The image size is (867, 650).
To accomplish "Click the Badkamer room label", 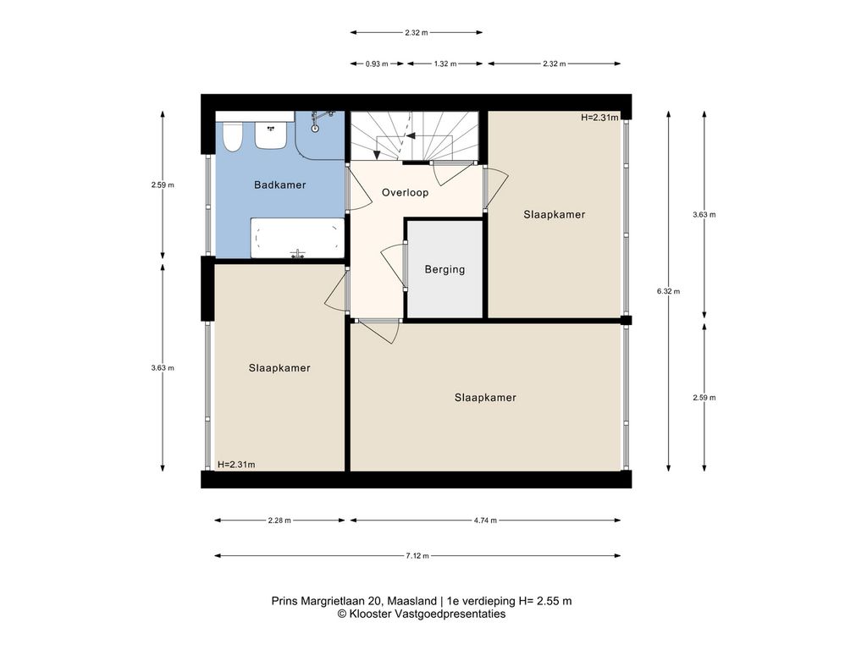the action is pos(279,185).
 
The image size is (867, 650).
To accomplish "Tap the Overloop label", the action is pos(405,192).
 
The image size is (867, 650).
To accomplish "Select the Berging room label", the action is pos(445,270).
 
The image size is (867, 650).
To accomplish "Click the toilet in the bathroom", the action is pos(232,136).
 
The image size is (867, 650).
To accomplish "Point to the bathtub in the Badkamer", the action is pos(297,238).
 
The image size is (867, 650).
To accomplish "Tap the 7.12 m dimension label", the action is pos(417,556).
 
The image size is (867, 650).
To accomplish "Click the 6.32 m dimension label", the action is pos(669,291).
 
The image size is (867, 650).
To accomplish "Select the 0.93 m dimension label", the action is pos(377,64).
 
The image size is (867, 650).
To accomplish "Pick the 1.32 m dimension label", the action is pos(445,64).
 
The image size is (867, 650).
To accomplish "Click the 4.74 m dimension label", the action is pos(485,521).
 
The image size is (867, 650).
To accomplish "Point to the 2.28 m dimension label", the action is pos(279,521).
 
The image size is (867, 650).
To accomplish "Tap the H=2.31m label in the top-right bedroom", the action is pos(599,117).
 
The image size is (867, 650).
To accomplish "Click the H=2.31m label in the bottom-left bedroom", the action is pos(236,465).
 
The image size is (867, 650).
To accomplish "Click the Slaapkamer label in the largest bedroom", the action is pos(485,398).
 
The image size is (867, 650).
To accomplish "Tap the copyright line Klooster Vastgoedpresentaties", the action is pos(422,614).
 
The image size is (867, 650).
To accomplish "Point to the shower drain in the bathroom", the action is pos(315,129).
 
